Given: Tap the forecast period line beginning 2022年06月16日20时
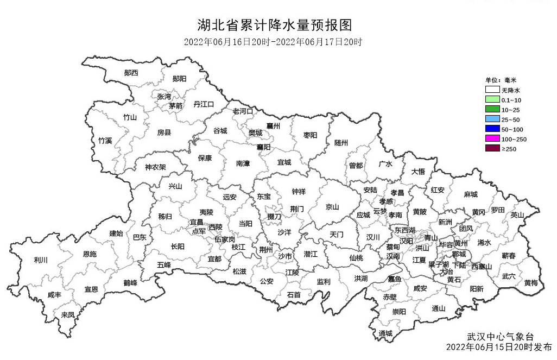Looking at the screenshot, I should click(273, 42).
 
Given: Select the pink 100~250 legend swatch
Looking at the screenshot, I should click(492, 139).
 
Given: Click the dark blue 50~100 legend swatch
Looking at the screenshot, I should click(492, 129).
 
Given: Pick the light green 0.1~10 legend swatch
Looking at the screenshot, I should click(492, 100).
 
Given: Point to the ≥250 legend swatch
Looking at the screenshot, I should click(492, 149).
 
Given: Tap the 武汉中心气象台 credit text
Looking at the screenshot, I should click(497, 337).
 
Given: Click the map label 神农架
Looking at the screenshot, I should click(155, 167).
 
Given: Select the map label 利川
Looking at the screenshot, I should click(41, 260).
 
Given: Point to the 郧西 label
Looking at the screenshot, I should click(131, 73).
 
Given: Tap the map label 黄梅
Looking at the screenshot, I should click(531, 283).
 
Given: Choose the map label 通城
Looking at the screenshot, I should click(385, 333).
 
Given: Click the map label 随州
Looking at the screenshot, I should click(341, 143).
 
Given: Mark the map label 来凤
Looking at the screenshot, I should click(68, 314).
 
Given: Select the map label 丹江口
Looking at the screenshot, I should click(204, 104).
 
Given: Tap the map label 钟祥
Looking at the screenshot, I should click(299, 192).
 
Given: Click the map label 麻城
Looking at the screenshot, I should click(471, 194).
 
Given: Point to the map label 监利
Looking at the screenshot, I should click(324, 281).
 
